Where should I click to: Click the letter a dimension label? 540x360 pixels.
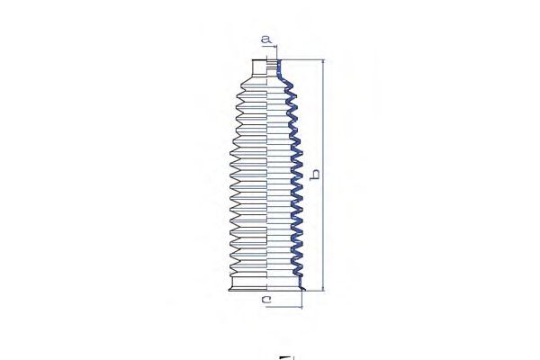click(x=265, y=40)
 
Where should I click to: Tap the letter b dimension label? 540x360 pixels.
click(x=314, y=175)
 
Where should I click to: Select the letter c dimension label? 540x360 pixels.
click(x=267, y=300)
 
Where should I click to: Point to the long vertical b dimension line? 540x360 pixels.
click(x=323, y=175)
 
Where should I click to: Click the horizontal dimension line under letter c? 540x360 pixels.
click(x=284, y=306)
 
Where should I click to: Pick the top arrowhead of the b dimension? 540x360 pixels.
click(x=323, y=63)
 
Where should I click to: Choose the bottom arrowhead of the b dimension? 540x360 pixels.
click(x=323, y=288)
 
